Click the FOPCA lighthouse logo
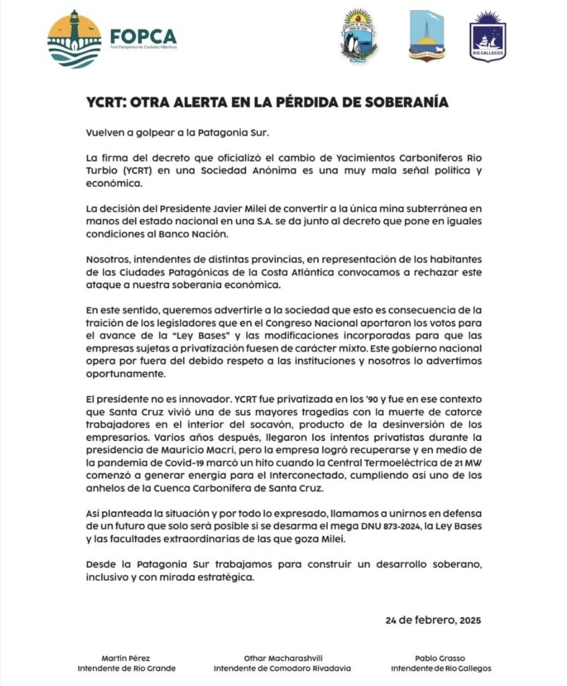74,39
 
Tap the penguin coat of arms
359,36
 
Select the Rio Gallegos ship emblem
487,36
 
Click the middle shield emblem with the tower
426,36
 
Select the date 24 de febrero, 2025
433,620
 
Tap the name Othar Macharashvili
282,659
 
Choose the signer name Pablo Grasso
441,659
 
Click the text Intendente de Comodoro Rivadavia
282,669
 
